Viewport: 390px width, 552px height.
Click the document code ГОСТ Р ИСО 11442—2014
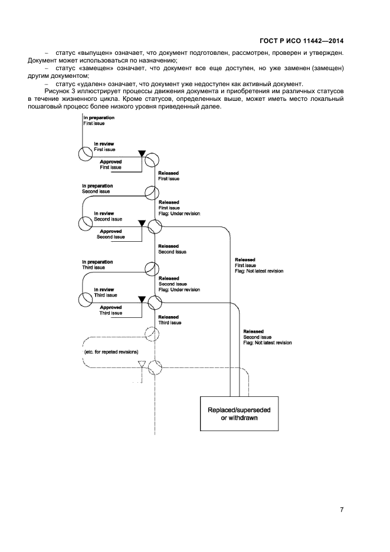pos(301,41)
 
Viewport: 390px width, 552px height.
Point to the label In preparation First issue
pos(98,121)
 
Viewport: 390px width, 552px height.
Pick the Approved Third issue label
pos(111,310)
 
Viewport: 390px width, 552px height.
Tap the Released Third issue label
pos(170,320)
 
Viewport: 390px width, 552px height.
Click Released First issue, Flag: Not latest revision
pos(258,265)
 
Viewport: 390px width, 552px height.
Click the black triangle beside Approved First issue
pos(142,154)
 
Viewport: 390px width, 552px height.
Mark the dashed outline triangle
pos(141,364)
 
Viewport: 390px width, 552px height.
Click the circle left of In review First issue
pos(86,154)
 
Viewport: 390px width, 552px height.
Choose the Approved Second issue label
pos(111,235)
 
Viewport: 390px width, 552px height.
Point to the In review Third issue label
pos(106,293)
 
